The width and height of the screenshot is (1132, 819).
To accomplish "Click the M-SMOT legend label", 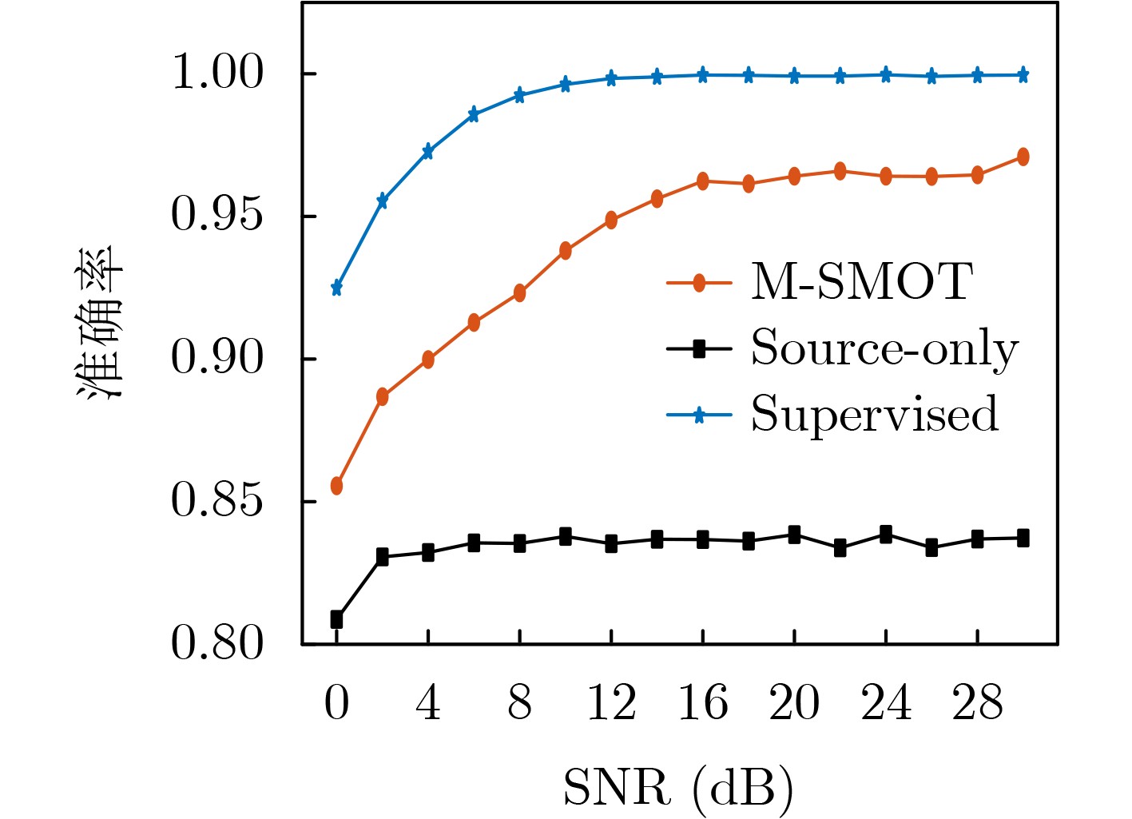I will click(x=861, y=282).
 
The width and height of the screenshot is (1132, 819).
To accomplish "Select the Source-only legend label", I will click(x=884, y=349).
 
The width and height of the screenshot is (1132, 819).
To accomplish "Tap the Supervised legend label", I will click(x=875, y=415).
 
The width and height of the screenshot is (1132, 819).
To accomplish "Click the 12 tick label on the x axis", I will click(x=611, y=704).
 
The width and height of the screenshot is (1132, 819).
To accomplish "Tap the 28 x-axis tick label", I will click(x=977, y=704).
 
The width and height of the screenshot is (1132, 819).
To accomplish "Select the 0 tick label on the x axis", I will click(x=336, y=704).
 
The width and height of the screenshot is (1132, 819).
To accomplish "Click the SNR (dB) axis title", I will click(x=678, y=788).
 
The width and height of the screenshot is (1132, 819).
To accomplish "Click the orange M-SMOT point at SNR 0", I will click(x=336, y=486).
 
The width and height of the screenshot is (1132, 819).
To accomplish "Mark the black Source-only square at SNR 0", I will click(x=336, y=619).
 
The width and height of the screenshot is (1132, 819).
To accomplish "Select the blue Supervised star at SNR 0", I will click(x=336, y=288).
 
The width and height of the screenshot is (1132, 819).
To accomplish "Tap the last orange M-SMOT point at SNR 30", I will click(x=1023, y=157).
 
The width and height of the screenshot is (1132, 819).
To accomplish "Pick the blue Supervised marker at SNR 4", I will click(x=428, y=152).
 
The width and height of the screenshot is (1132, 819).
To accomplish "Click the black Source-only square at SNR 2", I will click(x=382, y=557).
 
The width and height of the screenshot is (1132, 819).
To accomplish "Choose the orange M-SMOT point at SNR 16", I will click(x=703, y=181).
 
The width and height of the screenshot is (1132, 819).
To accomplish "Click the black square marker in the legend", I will click(x=699, y=348).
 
